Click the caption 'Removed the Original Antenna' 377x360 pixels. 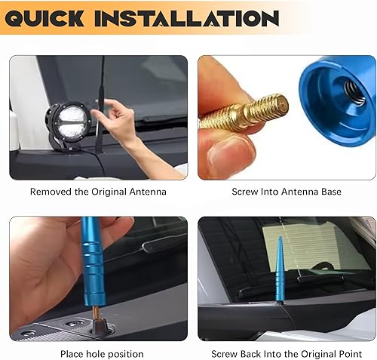(x=98, y=192)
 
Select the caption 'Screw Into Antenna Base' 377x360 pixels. (x=287, y=192)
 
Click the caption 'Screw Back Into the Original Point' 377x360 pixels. (x=287, y=354)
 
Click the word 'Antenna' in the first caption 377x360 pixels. (x=146, y=192)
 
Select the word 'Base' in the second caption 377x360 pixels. (x=329, y=192)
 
